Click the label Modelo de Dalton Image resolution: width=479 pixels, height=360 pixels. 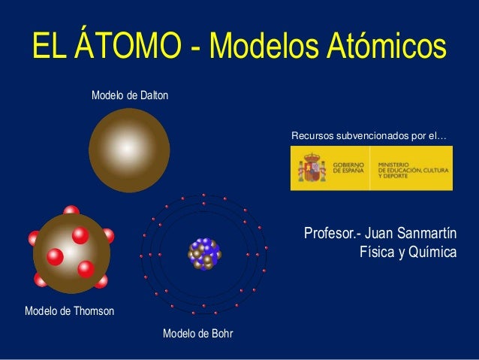tap(130, 96)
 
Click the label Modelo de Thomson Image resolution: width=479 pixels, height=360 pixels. tap(70, 310)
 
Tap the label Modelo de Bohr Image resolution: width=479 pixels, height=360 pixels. tap(197, 333)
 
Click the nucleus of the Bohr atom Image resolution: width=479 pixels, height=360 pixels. tap(203, 254)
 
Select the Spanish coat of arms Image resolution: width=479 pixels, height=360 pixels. tap(312, 168)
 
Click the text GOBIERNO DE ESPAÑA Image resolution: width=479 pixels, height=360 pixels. tap(348, 168)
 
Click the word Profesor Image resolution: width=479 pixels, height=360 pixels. tap(327, 234)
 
